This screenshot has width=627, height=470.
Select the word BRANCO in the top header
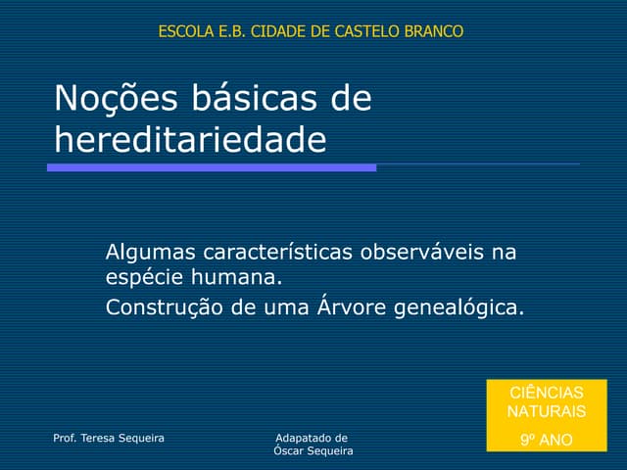point(437,31)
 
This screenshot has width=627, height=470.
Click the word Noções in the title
point(103,99)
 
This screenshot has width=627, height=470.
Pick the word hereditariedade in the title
point(190,141)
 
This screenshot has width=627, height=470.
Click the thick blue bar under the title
point(212,168)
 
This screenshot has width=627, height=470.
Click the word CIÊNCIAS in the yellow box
point(546,392)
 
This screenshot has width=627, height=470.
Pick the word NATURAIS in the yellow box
point(546,411)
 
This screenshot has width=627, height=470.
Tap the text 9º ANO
point(546,440)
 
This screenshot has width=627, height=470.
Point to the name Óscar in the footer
point(290,450)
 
